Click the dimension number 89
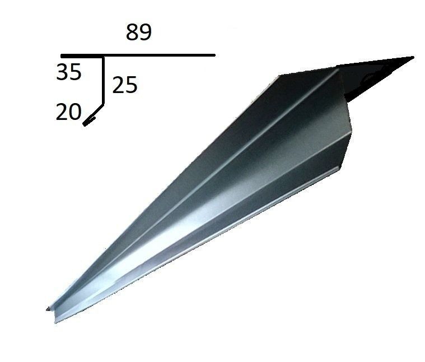click(x=138, y=33)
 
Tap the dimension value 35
click(x=68, y=72)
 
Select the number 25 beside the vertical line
click(x=125, y=85)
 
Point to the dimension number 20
click(x=68, y=112)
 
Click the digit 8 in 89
click(x=132, y=33)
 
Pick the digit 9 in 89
click(x=145, y=33)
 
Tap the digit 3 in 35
click(x=62, y=72)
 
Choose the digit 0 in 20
click(x=75, y=112)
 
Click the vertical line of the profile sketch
click(x=103, y=81)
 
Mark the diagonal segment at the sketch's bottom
click(x=94, y=114)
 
